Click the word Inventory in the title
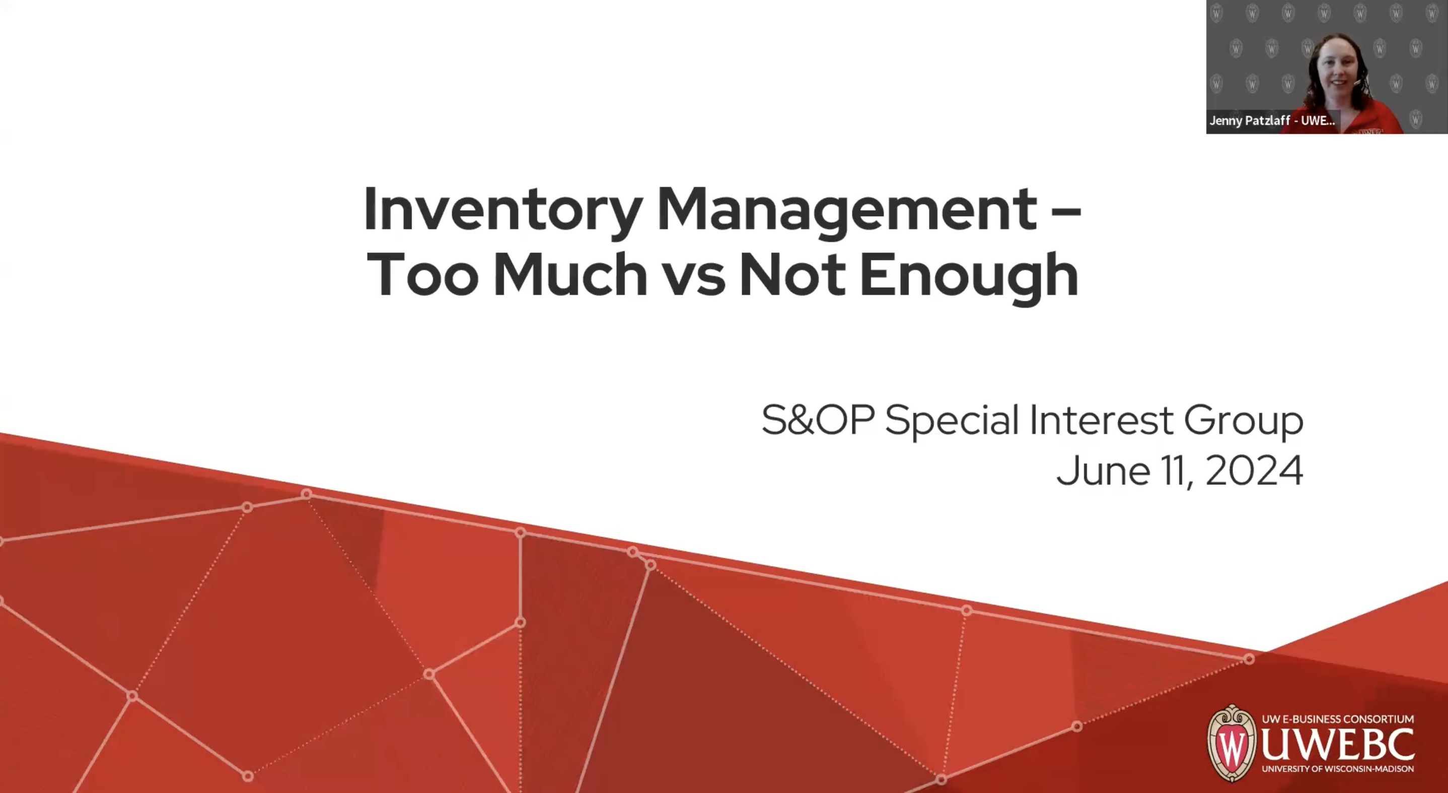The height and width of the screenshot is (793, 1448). point(502,210)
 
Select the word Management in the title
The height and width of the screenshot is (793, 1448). point(846,210)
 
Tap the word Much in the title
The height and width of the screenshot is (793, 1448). point(570,275)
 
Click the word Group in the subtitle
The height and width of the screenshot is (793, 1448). point(1244,421)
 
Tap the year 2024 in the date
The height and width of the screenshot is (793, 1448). point(1254,470)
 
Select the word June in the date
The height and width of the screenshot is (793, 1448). point(1103,470)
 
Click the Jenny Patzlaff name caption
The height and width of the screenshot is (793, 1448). point(1271,120)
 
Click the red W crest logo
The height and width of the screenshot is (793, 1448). point(1232,743)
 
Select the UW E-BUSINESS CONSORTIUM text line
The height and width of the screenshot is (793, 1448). point(1337,719)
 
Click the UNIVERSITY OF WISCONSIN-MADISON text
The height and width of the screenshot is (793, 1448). point(1337,769)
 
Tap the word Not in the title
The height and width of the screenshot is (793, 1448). point(792,275)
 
